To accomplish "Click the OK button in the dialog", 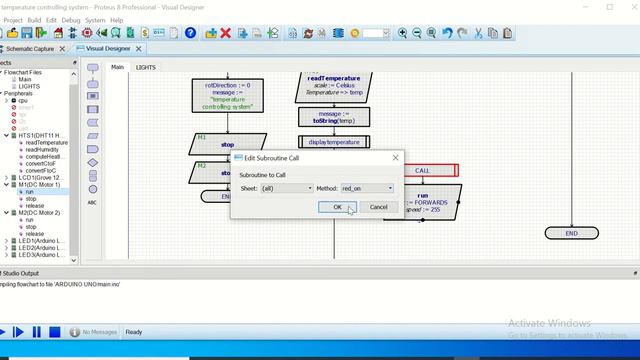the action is pos(337,207).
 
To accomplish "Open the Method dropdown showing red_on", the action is pos(367,188).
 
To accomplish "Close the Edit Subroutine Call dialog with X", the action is pos(395,158).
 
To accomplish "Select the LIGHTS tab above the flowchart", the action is pos(146,67).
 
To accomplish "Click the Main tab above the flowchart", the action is pos(117,67).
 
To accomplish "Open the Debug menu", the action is pos(71,19).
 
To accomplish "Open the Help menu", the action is pos(117,19).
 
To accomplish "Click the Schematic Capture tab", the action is pos(30,48).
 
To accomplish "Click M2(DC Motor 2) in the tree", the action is pos(40,213).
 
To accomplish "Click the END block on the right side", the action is pos(571,233).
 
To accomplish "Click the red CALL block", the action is pos(422,171).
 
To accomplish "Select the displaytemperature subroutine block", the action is pos(334,142).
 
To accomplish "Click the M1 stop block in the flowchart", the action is pos(227,143).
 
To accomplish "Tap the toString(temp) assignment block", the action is pos(333,117).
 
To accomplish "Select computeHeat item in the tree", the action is pos(46,156).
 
